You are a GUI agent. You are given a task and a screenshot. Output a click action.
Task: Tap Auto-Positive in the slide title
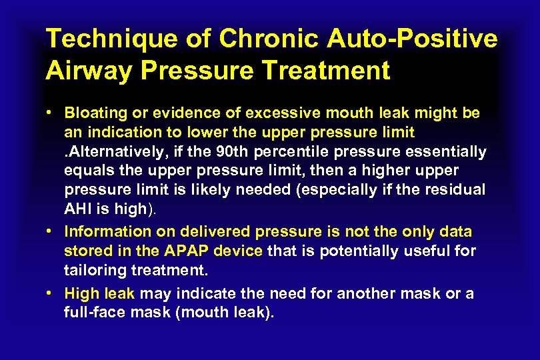(x=412, y=39)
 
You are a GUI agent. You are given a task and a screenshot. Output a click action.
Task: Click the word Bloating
(x=95, y=113)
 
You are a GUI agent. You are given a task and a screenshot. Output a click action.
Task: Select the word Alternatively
(x=113, y=152)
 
